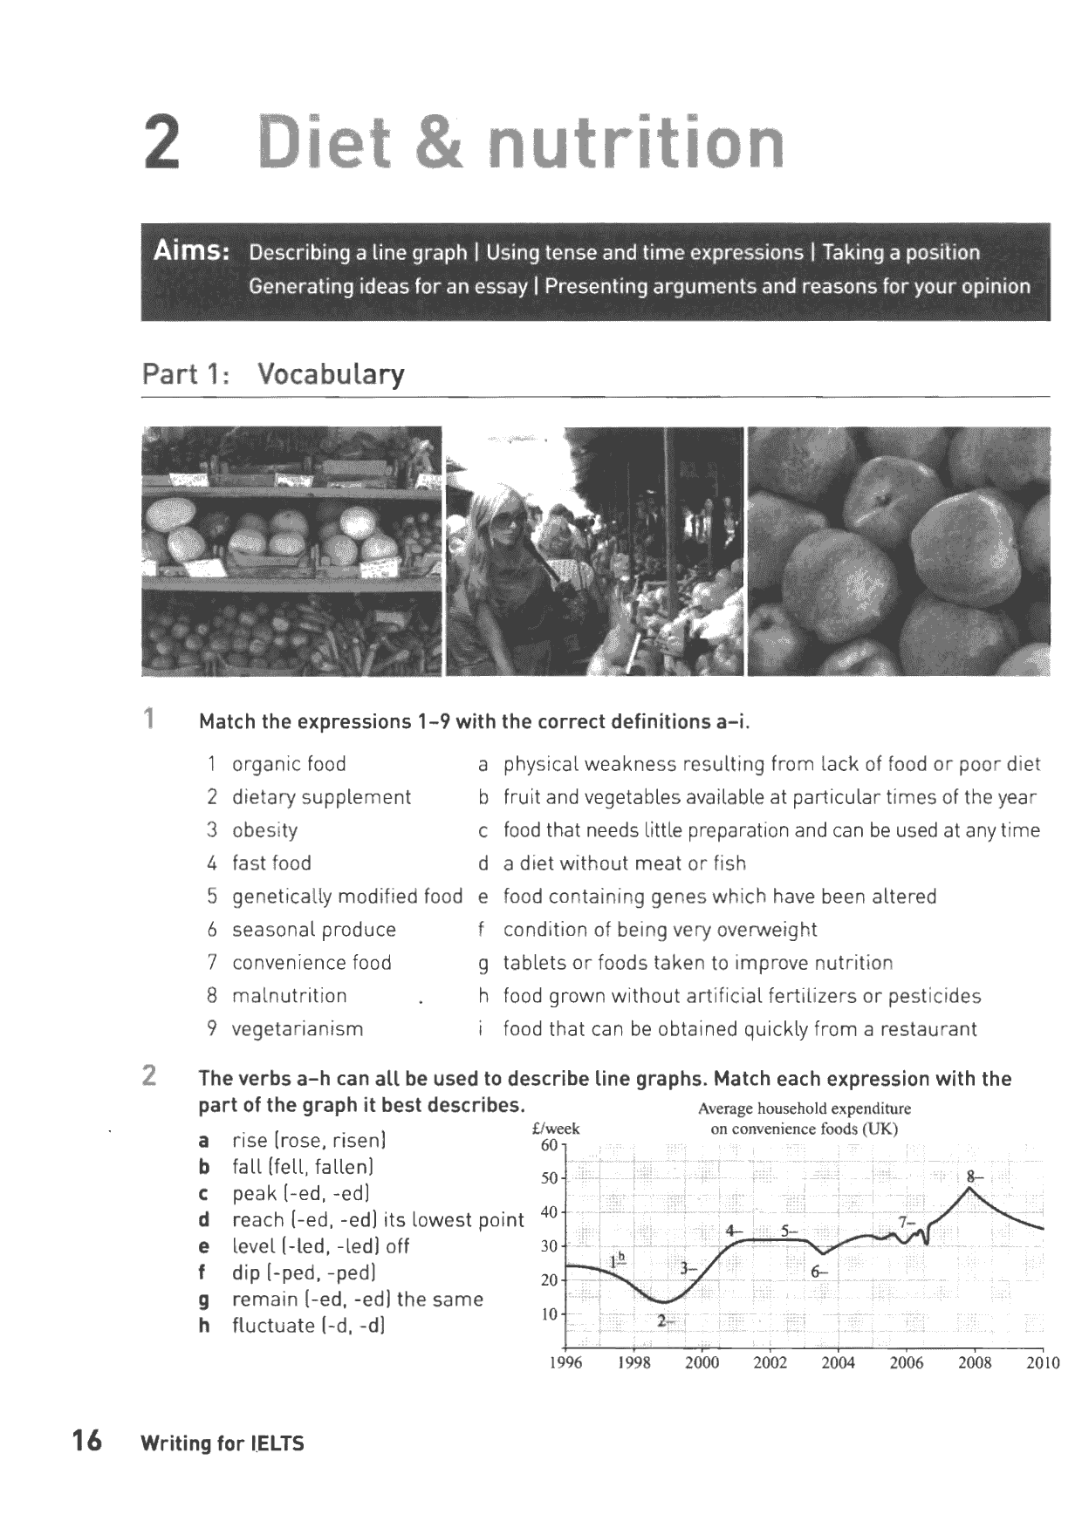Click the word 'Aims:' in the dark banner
pos(191,252)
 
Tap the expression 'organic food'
pos(289,765)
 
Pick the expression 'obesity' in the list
pos(264,830)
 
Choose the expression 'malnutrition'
pos(289,996)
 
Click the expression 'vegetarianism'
pos(297,1029)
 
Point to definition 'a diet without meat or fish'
pos(625,863)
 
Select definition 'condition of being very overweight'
pos(660,930)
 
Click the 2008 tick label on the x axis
pos(975,1363)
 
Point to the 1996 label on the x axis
pos(566,1363)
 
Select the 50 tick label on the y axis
pos(550,1178)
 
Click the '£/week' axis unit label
pos(556,1129)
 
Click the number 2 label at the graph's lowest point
pos(661,1320)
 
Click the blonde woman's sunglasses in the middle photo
pos(510,522)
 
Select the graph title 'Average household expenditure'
pos(804,1108)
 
